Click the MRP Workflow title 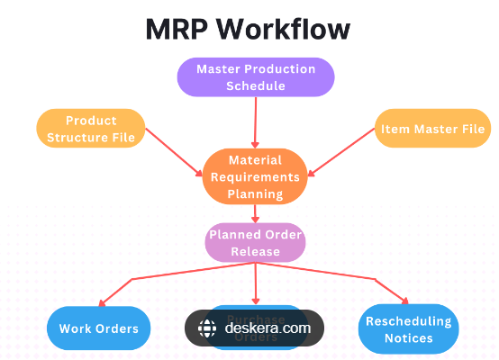click(x=248, y=29)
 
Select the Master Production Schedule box click(x=256, y=77)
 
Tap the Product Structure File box click(x=90, y=128)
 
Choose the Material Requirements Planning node click(x=256, y=176)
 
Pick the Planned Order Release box click(x=256, y=243)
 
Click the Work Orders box click(x=99, y=328)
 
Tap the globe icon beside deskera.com click(x=207, y=328)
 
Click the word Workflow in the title click(x=291, y=29)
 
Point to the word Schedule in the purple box click(x=256, y=85)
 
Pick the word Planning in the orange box click(x=256, y=193)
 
